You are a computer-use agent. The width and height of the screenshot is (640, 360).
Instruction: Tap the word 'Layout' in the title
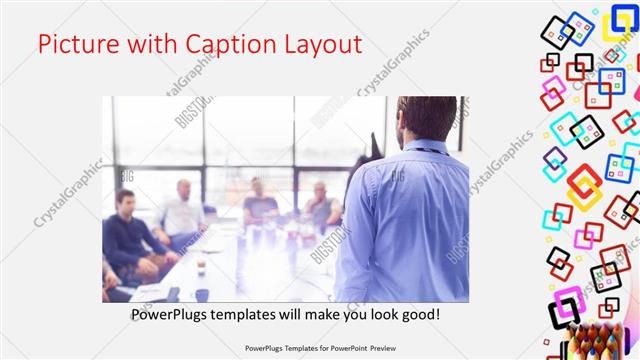(321, 44)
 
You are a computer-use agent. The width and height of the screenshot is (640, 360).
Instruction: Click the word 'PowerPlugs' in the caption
(173, 314)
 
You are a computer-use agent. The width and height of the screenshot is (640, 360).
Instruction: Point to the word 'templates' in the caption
(256, 314)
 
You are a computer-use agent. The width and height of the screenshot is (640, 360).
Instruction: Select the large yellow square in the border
(585, 190)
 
